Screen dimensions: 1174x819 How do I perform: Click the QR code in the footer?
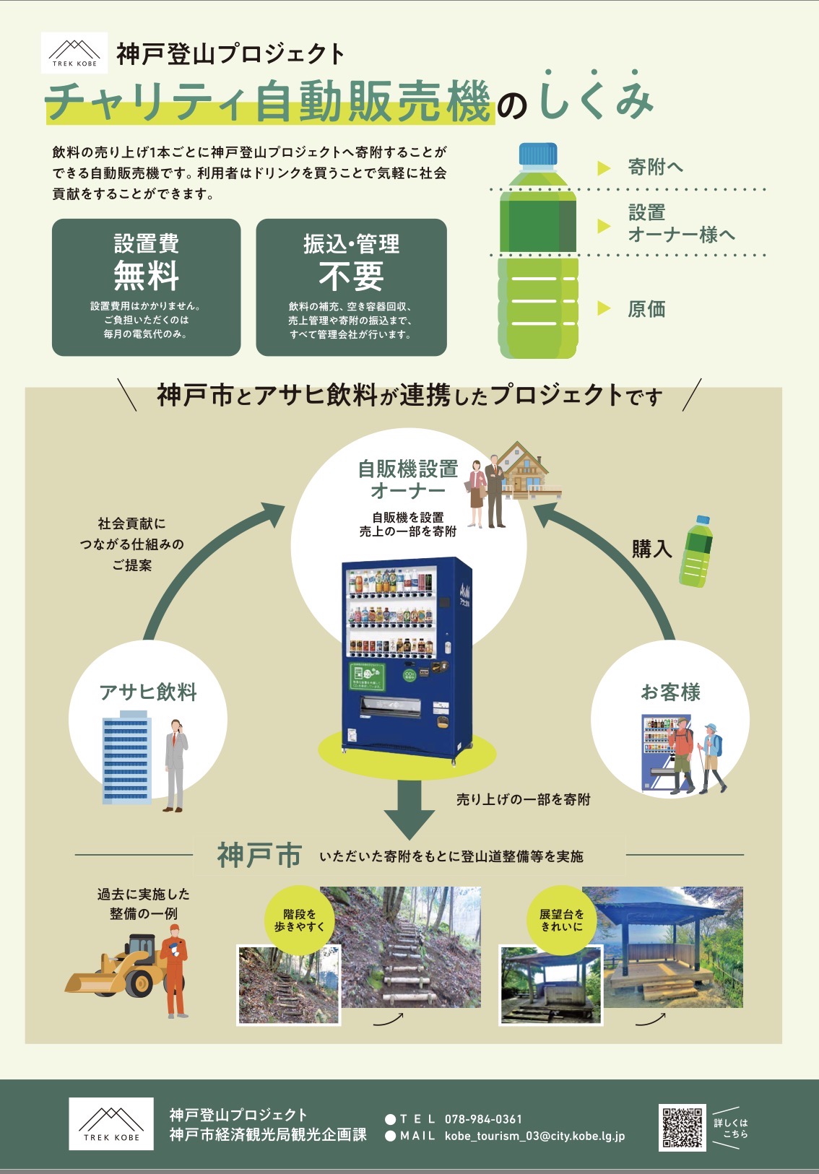(x=681, y=1127)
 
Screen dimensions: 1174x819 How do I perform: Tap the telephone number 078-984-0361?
(x=482, y=1119)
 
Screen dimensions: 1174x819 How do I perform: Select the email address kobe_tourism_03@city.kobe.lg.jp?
(x=534, y=1136)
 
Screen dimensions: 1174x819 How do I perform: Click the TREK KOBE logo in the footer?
(x=111, y=1123)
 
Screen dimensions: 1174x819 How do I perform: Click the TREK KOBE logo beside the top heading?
(x=74, y=53)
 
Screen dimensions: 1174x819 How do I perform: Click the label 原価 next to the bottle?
(x=646, y=309)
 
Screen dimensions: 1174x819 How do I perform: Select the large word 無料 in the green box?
(x=146, y=275)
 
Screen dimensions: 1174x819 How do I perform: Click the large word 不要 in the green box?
(x=351, y=275)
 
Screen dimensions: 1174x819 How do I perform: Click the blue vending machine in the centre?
(x=406, y=657)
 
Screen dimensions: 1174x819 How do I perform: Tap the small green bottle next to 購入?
(x=695, y=551)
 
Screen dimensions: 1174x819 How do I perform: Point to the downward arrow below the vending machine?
(x=409, y=809)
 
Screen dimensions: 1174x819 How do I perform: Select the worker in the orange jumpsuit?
(x=175, y=971)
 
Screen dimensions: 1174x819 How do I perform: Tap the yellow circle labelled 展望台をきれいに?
(x=562, y=920)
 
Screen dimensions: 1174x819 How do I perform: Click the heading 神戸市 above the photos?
(x=259, y=856)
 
